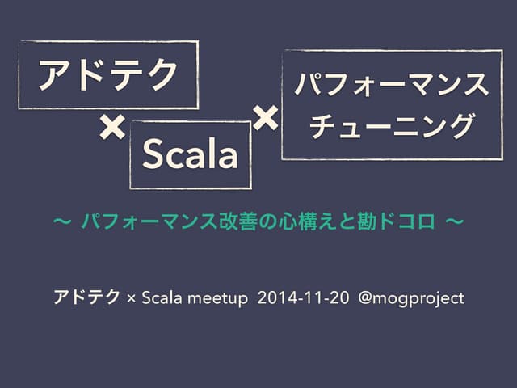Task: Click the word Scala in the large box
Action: coord(191,155)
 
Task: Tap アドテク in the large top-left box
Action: coord(109,75)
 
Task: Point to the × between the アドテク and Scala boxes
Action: coord(111,127)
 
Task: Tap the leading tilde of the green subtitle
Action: coord(61,220)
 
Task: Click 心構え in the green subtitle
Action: coord(303,220)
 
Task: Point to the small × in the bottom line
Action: coord(132,300)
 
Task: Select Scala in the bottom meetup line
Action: coord(159,299)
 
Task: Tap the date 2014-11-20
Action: coord(298,299)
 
